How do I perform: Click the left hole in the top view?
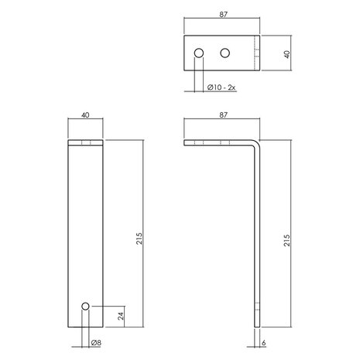[x=199, y=53]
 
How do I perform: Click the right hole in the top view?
[x=225, y=53]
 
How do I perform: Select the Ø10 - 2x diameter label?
[x=223, y=88]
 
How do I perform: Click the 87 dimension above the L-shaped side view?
[x=224, y=115]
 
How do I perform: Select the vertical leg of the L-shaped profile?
[x=259, y=240]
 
